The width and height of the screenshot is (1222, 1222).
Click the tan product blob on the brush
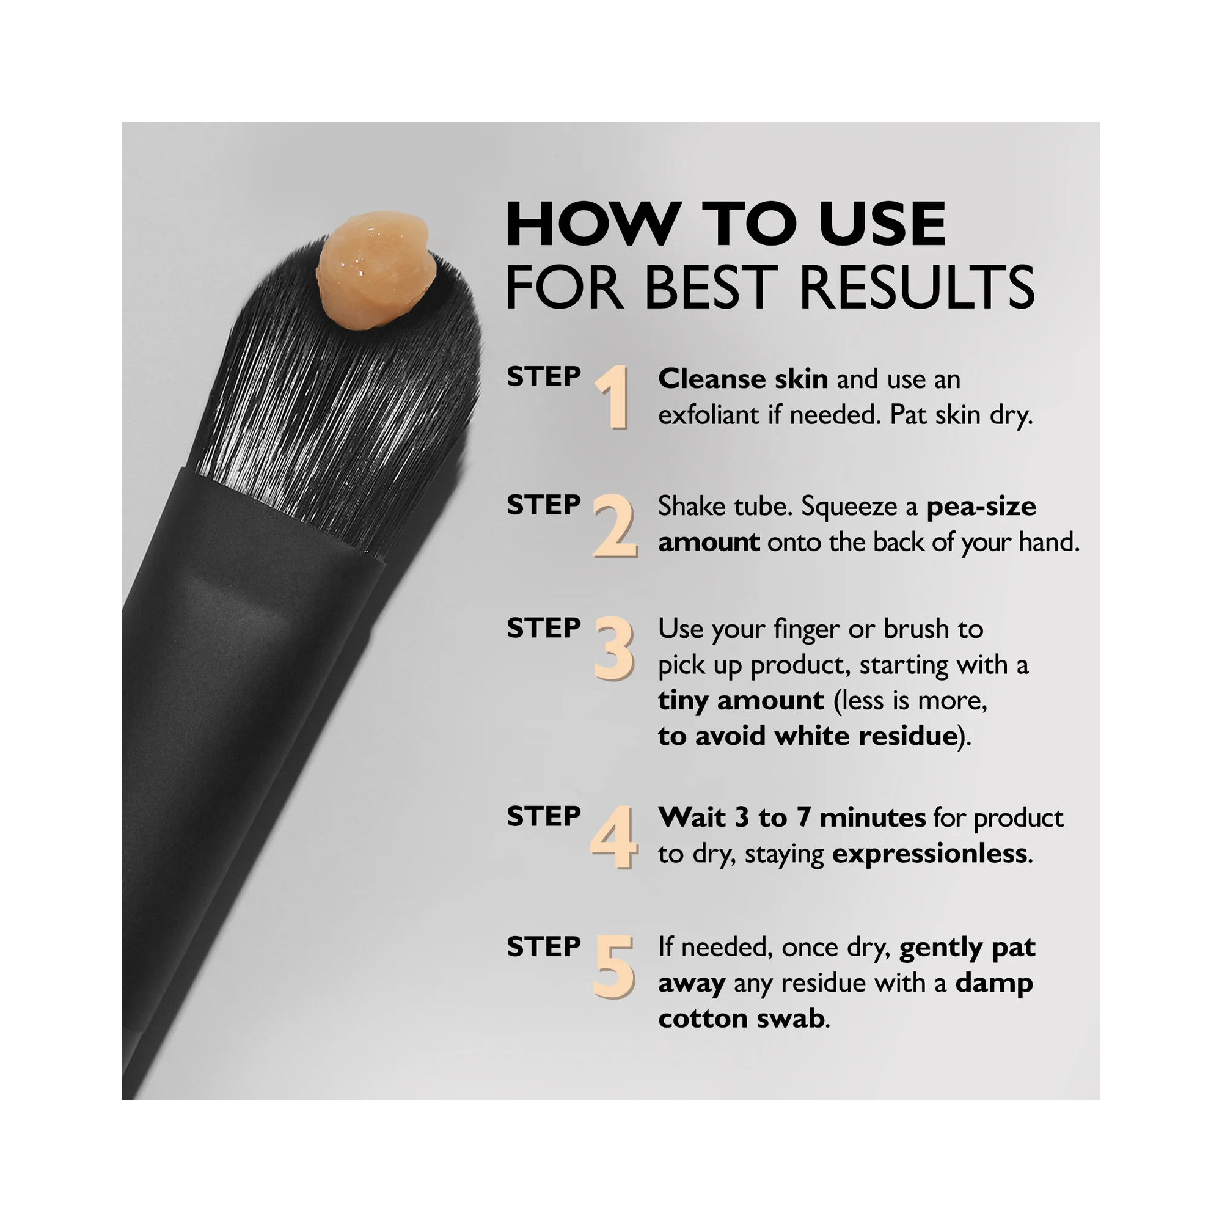(377, 271)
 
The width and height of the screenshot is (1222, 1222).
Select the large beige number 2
(614, 526)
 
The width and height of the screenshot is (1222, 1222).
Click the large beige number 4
(612, 838)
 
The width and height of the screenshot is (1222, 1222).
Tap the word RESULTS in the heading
(916, 288)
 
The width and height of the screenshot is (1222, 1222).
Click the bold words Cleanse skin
(742, 379)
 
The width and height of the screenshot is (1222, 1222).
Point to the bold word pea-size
(981, 507)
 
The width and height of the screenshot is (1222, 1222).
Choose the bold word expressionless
(929, 854)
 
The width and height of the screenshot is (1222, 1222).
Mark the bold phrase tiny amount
(741, 701)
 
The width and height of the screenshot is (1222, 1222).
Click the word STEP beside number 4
(543, 816)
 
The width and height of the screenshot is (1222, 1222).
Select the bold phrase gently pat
(967, 948)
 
